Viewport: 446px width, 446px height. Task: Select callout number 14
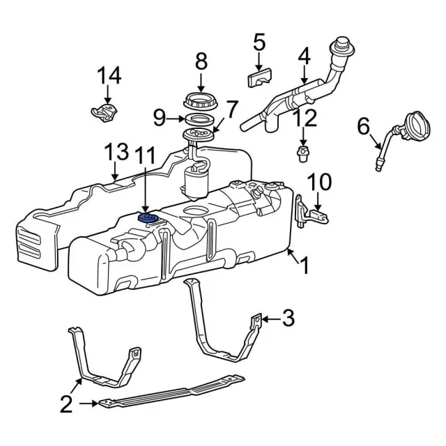(109, 76)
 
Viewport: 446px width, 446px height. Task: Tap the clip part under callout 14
(105, 113)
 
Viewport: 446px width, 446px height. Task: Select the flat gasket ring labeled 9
(199, 119)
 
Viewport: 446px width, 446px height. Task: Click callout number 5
(259, 43)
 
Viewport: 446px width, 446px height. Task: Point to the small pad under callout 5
(259, 77)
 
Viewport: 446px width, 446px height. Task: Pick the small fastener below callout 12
(303, 153)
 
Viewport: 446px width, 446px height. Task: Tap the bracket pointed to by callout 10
(311, 213)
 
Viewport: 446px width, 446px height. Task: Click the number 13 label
(116, 152)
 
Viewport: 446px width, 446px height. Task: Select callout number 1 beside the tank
(304, 265)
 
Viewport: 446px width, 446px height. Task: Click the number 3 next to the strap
(288, 318)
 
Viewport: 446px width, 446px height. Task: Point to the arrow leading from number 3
(271, 319)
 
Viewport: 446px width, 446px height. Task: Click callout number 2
(66, 403)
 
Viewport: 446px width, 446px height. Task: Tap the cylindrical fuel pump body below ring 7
(197, 180)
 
